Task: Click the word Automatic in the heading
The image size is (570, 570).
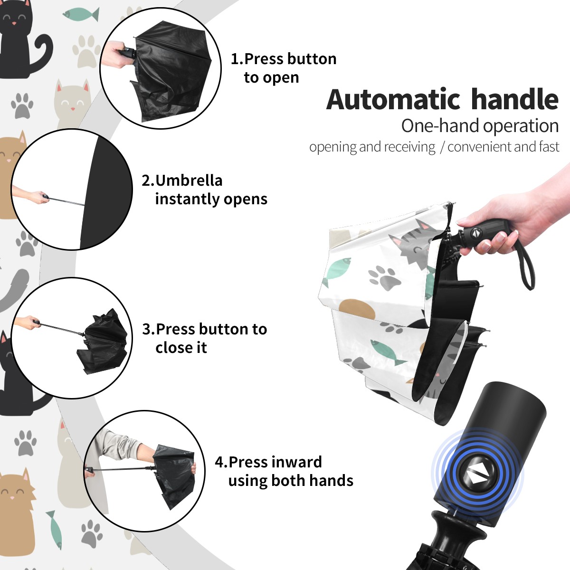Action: click(x=393, y=100)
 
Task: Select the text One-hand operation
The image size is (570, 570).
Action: click(x=480, y=126)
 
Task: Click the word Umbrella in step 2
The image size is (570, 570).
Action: click(x=189, y=180)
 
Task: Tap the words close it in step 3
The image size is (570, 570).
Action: click(x=181, y=348)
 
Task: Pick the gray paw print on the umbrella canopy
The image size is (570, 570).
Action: click(x=382, y=278)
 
